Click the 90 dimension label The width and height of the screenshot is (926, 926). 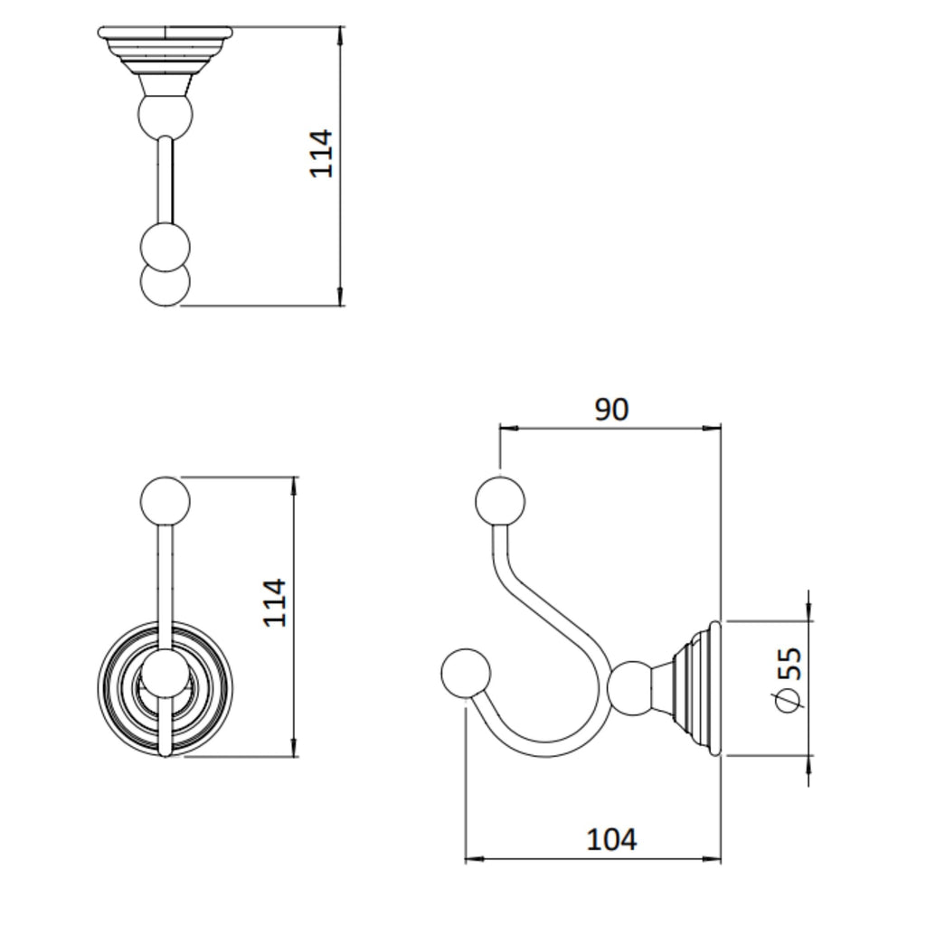tap(611, 410)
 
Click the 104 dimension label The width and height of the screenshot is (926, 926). tap(611, 839)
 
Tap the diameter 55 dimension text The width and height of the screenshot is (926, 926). tap(788, 680)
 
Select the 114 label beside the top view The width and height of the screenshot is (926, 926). tap(322, 154)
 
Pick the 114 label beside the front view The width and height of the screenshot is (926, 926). tap(275, 603)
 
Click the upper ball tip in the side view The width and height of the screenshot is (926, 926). tap(499, 501)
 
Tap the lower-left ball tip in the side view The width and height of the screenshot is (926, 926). tap(466, 673)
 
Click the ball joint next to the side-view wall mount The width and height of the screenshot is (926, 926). tap(631, 688)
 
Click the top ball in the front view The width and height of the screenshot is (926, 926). tap(165, 502)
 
